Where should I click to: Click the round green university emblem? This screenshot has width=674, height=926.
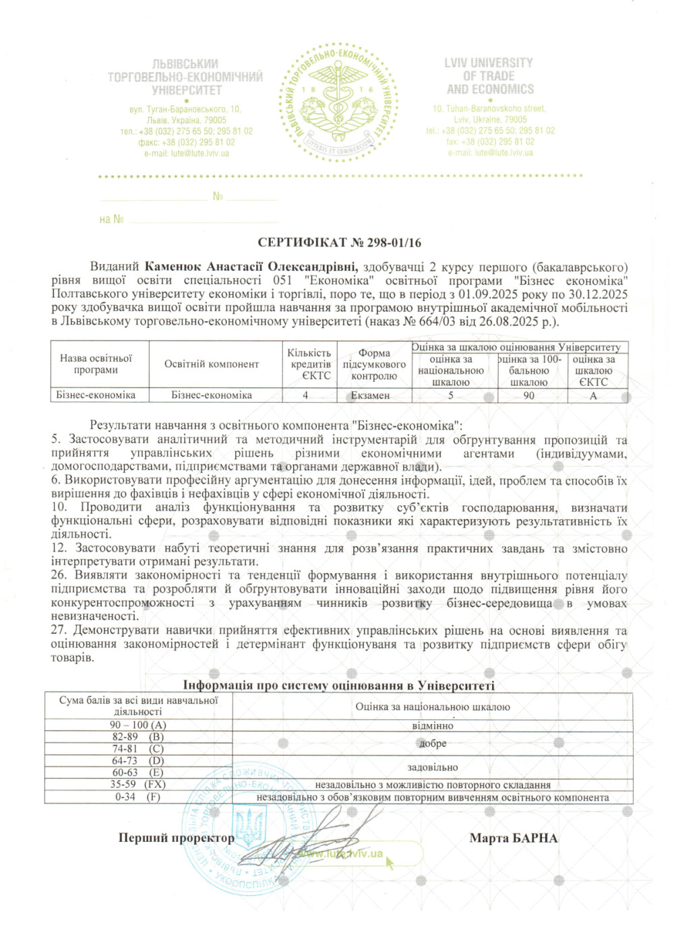coord(338,102)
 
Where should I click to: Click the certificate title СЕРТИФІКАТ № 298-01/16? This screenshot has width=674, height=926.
coord(339,242)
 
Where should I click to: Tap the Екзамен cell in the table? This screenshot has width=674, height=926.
coord(370,395)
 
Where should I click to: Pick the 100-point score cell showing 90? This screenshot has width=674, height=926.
coord(529,395)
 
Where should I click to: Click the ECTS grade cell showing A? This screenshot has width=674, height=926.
coord(593,395)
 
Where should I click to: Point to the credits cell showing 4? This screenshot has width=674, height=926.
coord(305,395)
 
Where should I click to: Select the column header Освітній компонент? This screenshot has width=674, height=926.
coord(212,364)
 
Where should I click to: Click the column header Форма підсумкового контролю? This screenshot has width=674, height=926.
coord(374,364)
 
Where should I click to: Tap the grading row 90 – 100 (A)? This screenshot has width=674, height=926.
coord(138,725)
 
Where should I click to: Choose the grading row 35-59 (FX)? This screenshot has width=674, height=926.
coord(138,785)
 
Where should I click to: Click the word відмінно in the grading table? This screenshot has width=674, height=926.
coord(433,726)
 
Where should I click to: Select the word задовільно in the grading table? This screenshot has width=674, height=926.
coord(433,768)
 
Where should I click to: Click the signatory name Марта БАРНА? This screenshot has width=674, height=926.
coord(514,838)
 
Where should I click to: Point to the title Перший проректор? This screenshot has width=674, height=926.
coord(177,838)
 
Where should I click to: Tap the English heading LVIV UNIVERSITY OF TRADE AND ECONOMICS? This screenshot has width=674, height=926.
coord(490,76)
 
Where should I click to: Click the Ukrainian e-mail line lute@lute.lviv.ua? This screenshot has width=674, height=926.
coord(187,154)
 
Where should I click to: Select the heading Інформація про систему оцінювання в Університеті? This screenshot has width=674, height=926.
coord(339,686)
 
